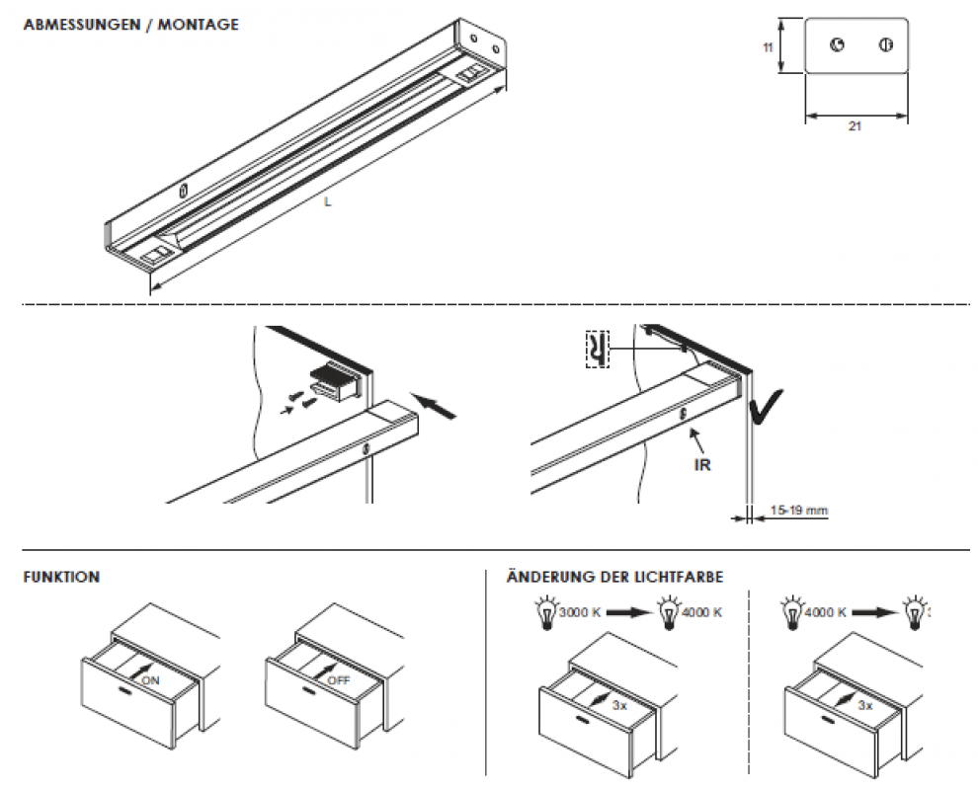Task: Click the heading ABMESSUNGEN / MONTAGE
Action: pos(130,25)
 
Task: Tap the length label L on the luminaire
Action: pos(327,202)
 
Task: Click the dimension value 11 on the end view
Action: pos(768,46)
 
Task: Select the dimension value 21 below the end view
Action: pos(855,128)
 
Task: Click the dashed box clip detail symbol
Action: pos(597,349)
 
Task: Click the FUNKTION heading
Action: pos(61,578)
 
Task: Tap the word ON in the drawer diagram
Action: pos(151,680)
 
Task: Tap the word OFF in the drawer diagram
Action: pos(339,680)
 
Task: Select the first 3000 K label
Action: pos(580,612)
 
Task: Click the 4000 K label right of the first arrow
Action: pos(702,612)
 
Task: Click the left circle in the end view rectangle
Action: pos(837,45)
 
